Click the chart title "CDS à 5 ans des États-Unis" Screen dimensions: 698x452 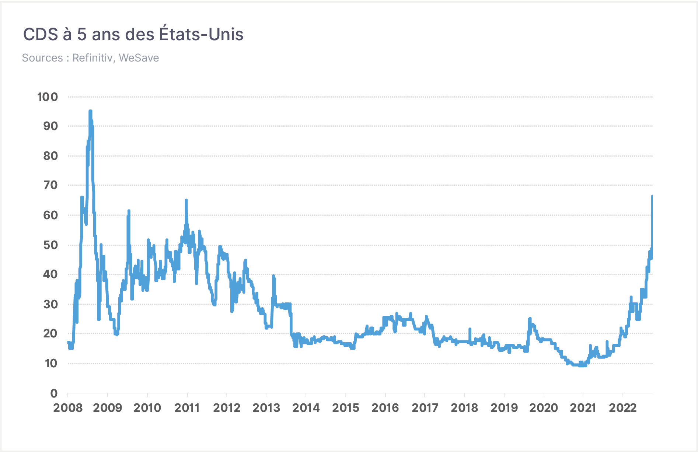click(133, 34)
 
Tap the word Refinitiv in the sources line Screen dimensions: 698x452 click(92, 58)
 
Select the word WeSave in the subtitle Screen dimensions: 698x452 click(139, 58)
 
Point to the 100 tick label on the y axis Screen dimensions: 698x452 click(48, 97)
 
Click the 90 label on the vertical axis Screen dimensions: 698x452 click(50, 126)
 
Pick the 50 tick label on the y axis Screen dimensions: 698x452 click(50, 245)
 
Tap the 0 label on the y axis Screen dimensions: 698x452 click(54, 393)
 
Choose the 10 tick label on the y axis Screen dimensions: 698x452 click(51, 364)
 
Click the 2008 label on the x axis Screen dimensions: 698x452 click(68, 408)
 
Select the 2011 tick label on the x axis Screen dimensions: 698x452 click(187, 408)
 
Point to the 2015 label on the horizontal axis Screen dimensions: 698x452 click(346, 408)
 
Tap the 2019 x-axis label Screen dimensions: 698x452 click(504, 408)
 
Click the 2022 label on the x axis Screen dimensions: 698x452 click(623, 408)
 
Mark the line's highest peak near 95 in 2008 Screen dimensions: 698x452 click(90, 111)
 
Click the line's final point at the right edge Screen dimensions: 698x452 click(652, 196)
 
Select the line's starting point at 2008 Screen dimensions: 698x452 click(68, 343)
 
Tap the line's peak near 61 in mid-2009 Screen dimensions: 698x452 click(129, 211)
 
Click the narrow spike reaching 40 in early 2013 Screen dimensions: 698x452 click(273, 276)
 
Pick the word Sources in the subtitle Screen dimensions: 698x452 click(42, 58)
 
